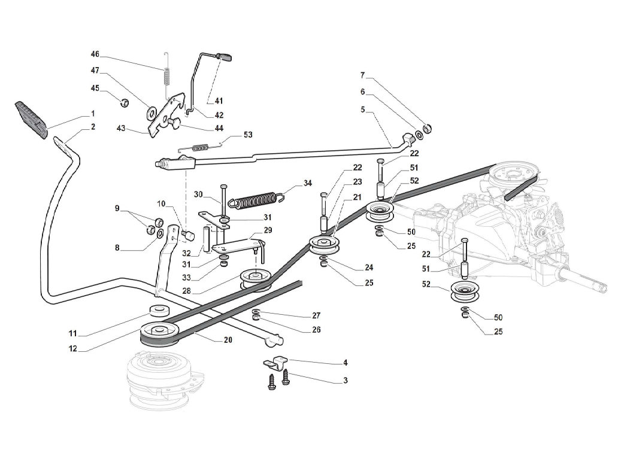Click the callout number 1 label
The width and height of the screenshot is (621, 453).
click(x=93, y=113)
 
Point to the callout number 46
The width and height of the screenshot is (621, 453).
click(x=95, y=54)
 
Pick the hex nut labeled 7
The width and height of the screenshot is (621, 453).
click(x=428, y=127)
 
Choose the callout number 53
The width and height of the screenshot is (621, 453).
click(x=247, y=135)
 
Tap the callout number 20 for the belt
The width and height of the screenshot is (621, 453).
click(x=228, y=340)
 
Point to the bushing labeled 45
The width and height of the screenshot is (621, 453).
click(x=123, y=101)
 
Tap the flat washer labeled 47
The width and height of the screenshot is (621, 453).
click(x=151, y=111)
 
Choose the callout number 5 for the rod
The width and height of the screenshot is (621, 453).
click(x=363, y=110)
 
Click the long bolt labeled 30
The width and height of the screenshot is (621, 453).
click(x=223, y=197)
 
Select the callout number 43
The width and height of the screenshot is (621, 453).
click(x=122, y=129)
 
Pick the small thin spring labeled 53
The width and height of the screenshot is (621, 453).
click(x=201, y=145)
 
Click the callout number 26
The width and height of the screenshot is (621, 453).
click(x=316, y=330)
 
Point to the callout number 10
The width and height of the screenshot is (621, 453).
click(x=161, y=204)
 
